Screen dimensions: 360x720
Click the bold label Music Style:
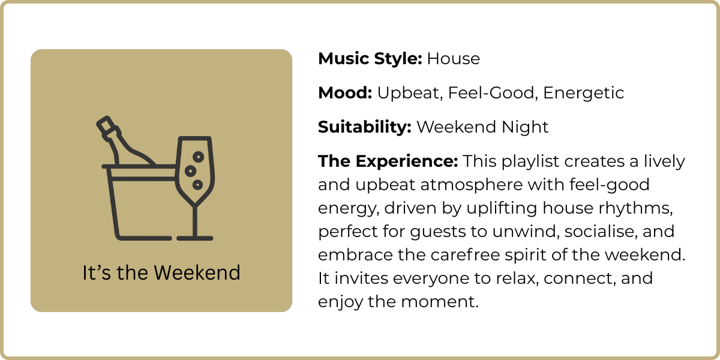coord(370,59)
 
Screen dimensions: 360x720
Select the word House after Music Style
coord(454,59)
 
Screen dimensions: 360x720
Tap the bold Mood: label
coord(345,93)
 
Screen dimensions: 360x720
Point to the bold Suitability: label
coord(365,127)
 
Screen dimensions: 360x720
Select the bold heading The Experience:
coord(388,161)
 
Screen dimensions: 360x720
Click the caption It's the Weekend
coord(161,273)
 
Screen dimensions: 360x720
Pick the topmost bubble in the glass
coord(198,157)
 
